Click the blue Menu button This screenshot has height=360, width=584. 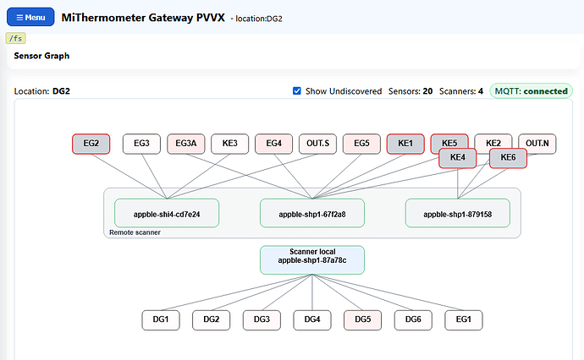[x=30, y=17]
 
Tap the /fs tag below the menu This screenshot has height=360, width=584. [x=15, y=38]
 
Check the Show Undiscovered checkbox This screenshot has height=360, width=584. [x=297, y=91]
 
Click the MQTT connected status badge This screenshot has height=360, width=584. [x=532, y=91]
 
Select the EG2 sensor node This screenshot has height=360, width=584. [x=91, y=144]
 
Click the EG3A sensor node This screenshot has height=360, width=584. [x=186, y=144]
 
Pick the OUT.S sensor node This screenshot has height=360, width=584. [x=317, y=144]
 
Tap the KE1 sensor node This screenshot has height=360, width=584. [x=405, y=144]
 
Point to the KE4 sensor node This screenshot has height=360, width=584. [x=458, y=158]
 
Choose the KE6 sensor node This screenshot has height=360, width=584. [x=508, y=158]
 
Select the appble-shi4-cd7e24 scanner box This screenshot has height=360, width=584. [x=167, y=213]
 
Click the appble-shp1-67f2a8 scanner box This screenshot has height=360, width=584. [x=312, y=213]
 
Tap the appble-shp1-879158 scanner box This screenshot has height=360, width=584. [x=458, y=213]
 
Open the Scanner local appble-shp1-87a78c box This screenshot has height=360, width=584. [x=312, y=260]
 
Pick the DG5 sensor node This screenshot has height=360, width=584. [x=363, y=320]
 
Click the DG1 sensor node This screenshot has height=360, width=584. [x=161, y=320]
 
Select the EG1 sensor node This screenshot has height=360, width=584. [x=464, y=320]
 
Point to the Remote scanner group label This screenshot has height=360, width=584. [x=135, y=232]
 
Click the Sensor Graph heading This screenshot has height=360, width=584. [x=41, y=56]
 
